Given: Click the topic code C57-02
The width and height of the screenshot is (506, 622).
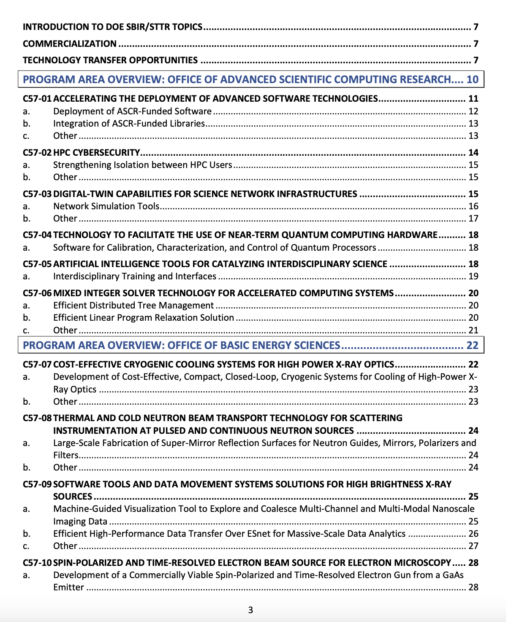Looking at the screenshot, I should click(37, 152).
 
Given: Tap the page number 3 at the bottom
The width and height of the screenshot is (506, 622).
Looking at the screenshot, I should click(250, 610).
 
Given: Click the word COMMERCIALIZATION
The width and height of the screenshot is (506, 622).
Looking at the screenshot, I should click(70, 43).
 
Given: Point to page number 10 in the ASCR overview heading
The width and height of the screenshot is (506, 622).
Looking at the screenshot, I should click(472, 79).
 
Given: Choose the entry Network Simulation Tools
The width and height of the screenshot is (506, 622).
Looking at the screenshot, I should click(106, 206).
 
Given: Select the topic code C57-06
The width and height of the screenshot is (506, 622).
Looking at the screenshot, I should click(37, 293).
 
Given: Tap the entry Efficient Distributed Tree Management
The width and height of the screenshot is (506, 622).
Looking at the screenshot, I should click(133, 305).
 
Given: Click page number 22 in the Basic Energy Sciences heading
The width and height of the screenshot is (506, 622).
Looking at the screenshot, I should click(472, 345).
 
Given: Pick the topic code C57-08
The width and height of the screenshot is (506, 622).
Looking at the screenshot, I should click(37, 418).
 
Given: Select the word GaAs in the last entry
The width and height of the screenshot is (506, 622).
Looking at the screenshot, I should click(453, 575).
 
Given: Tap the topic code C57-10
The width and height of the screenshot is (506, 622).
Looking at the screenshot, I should click(37, 563).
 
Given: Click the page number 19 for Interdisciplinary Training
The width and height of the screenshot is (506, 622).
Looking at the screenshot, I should click(473, 276).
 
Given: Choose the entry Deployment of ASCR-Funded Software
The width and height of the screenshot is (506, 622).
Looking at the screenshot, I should click(132, 111).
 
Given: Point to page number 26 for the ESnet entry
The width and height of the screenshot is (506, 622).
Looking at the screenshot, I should click(473, 533).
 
